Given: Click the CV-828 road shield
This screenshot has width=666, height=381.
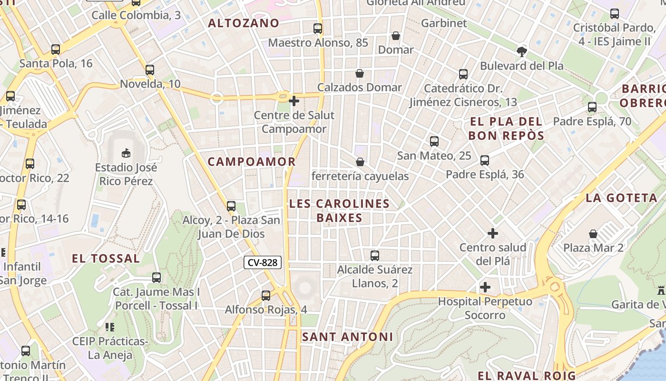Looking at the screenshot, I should (263, 262).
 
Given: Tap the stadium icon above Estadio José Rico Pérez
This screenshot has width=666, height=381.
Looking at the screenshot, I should (126, 153).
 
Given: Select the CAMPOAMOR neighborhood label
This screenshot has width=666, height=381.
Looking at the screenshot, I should (252, 162).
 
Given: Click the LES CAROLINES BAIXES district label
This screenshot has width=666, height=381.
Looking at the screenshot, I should (339, 211).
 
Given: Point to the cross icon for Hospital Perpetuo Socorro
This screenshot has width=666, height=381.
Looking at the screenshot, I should (485, 287).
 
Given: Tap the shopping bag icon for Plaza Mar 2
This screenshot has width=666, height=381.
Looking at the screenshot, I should (593, 234).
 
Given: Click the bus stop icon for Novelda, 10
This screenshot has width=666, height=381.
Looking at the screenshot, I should (150, 70).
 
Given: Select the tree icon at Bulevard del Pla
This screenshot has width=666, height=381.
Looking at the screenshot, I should (521, 51).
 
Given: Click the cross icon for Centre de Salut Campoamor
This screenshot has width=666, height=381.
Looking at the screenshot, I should (294, 101).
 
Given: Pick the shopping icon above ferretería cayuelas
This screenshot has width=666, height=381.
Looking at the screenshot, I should (360, 162).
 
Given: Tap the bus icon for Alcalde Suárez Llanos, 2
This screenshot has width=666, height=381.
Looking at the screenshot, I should (375, 256).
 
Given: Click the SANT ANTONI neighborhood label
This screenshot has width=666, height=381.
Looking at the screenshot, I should (348, 337).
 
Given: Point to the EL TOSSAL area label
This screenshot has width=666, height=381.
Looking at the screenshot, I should (106, 259).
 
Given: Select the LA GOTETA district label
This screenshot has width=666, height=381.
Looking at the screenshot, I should (621, 198).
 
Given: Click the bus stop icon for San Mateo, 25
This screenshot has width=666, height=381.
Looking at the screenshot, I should (434, 141).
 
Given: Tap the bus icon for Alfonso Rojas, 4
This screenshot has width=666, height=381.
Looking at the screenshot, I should (266, 296).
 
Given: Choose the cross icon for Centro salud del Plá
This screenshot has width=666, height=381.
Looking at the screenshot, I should (493, 233).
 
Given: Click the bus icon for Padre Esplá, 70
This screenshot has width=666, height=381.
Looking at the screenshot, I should (592, 107).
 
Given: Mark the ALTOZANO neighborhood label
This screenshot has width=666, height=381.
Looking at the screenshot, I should (244, 23).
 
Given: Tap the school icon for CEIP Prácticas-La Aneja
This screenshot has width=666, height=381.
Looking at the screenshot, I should (110, 327).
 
